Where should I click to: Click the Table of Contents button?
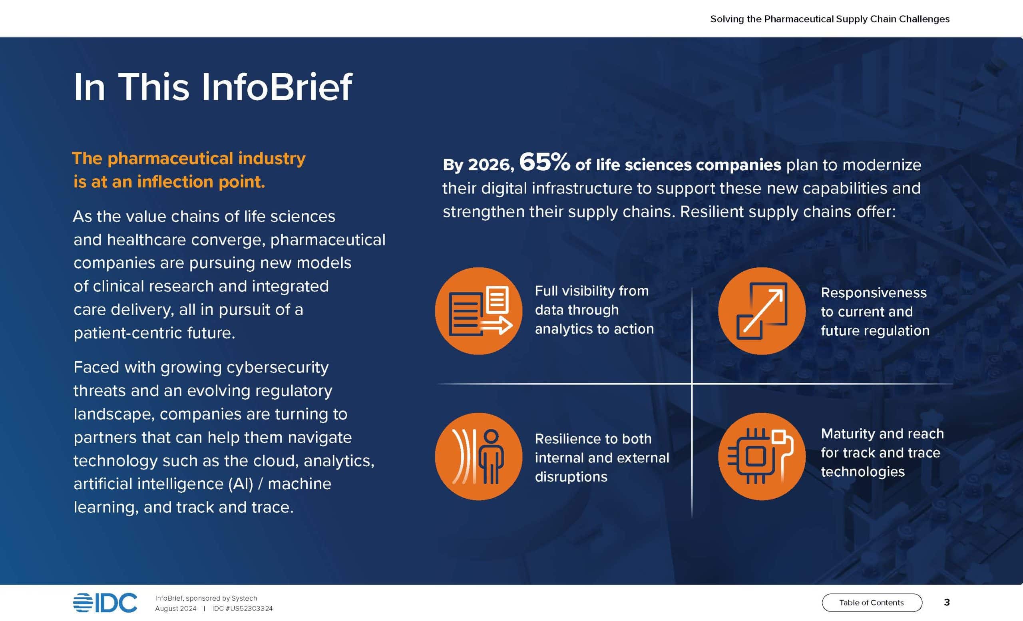[x=872, y=602]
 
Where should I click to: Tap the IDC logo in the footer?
[x=105, y=603]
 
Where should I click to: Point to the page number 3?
[x=947, y=602]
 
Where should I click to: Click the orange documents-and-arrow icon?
[x=479, y=311]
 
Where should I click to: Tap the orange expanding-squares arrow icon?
[x=762, y=311]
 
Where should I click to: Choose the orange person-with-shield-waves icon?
[x=479, y=456]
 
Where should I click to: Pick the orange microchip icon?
[x=762, y=456]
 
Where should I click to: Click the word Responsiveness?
[x=874, y=293]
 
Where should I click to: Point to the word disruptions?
[x=571, y=477]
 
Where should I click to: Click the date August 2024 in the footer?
[x=175, y=609]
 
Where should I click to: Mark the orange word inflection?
[x=175, y=182]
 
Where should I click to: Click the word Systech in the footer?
[x=244, y=598]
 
